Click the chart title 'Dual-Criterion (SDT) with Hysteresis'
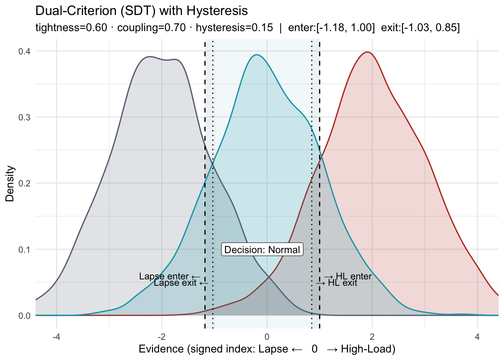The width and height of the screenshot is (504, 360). pos(141,10)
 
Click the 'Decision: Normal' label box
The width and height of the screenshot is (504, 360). pos(262,250)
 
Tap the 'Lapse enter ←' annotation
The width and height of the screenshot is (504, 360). pos(169,276)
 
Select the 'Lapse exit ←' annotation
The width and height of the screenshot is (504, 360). pos(181,283)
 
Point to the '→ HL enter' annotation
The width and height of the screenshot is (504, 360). pos(348,276)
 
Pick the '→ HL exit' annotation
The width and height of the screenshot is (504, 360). pos(337,283)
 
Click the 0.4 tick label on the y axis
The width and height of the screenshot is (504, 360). pos(24,51)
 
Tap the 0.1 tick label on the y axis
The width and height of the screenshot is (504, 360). pos(24,249)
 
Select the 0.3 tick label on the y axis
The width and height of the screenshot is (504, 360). pos(24,117)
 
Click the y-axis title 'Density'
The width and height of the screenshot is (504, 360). pos(10,184)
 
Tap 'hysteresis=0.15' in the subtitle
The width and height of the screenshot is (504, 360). pos(234,28)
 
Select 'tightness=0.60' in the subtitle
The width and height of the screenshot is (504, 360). pos(71,28)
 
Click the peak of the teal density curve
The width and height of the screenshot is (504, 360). pos(256,55)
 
